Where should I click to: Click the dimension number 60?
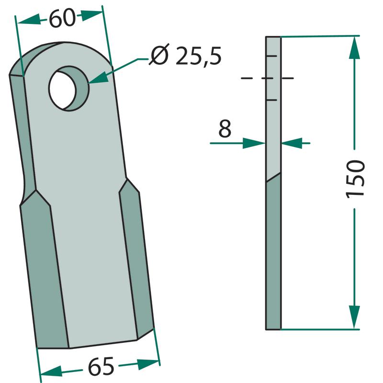(x=62, y=18)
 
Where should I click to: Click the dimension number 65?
(x=101, y=366)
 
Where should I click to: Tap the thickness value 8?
(x=225, y=128)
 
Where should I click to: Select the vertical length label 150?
(x=355, y=179)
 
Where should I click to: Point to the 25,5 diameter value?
(x=198, y=56)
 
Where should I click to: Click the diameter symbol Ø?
(x=159, y=54)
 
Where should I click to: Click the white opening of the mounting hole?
(x=63, y=90)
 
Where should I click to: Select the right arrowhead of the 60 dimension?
(x=91, y=15)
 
